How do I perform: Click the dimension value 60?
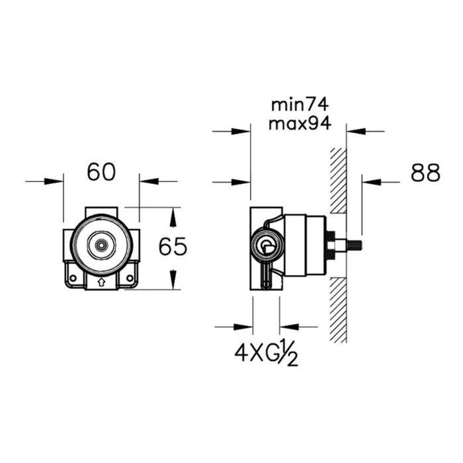(x=101, y=173)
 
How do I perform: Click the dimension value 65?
(x=173, y=247)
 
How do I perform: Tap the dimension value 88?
(x=425, y=173)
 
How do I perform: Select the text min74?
(x=300, y=105)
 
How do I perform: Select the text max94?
(x=300, y=124)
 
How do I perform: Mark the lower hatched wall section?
(x=339, y=310)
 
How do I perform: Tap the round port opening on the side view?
(x=267, y=247)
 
